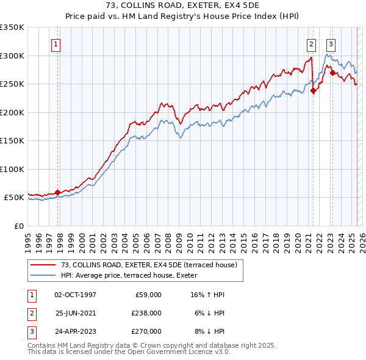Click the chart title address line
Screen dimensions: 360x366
[183, 5]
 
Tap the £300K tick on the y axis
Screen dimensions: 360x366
[12, 56]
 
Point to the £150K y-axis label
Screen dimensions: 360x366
[12, 141]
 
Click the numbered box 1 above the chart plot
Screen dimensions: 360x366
[56, 44]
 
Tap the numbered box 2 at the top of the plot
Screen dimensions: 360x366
[311, 44]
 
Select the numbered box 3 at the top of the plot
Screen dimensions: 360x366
[331, 44]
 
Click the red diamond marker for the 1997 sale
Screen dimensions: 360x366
[57, 192]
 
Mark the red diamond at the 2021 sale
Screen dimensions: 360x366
[313, 91]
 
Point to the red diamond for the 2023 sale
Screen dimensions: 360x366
[333, 73]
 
